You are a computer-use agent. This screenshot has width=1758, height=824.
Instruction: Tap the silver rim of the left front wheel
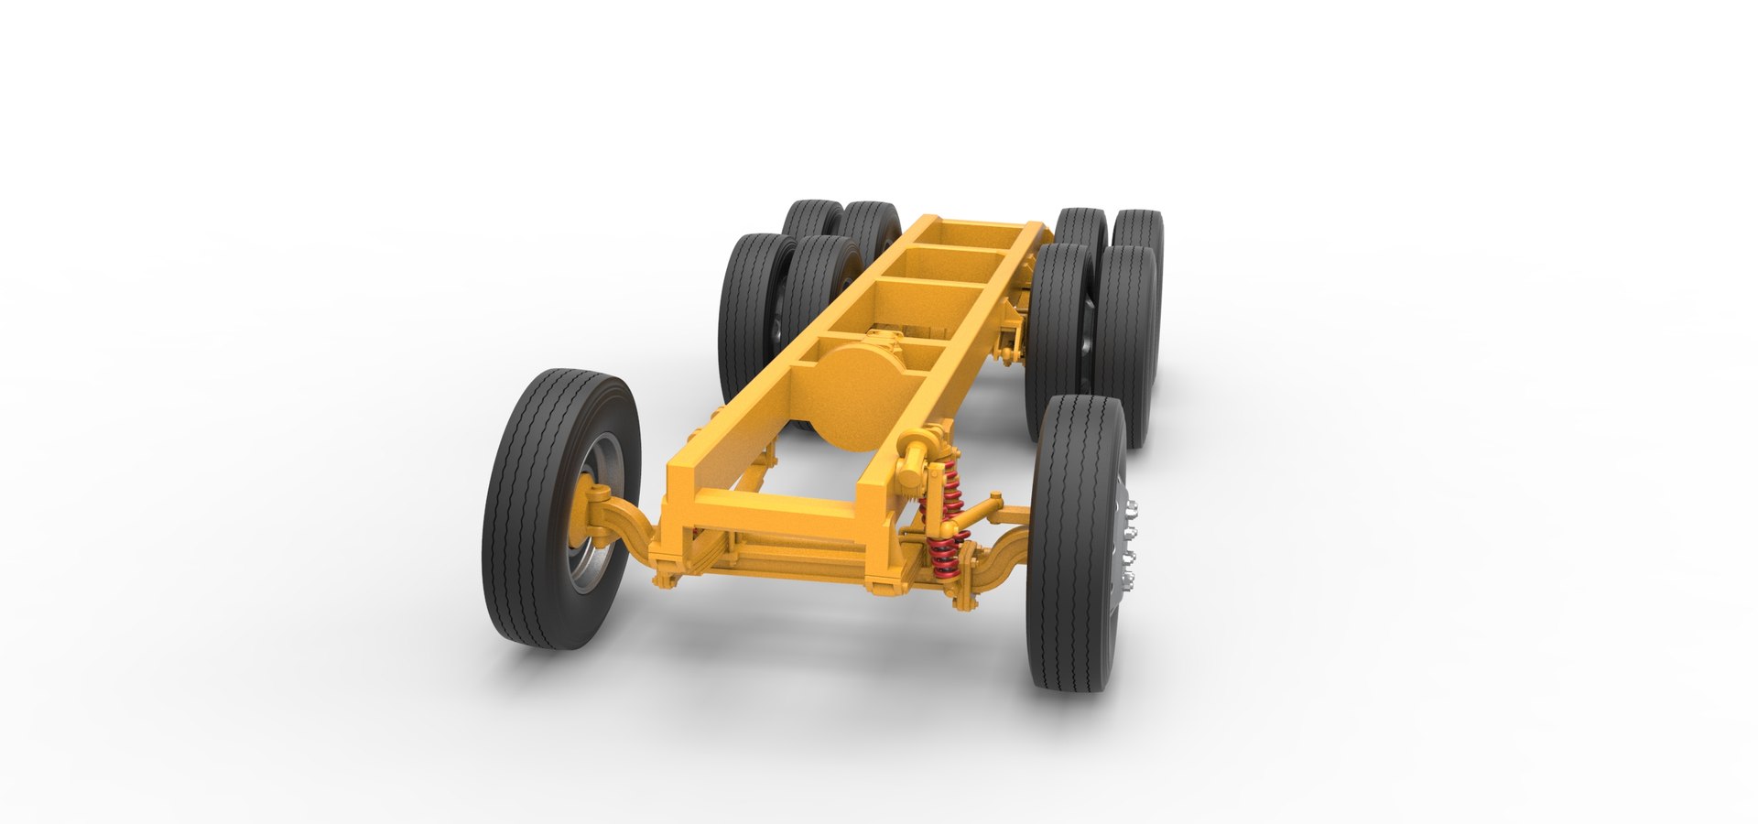tap(600, 549)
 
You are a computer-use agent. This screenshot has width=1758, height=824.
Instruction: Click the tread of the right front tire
tap(1071, 540)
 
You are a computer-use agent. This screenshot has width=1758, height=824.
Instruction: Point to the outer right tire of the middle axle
tap(1128, 339)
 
